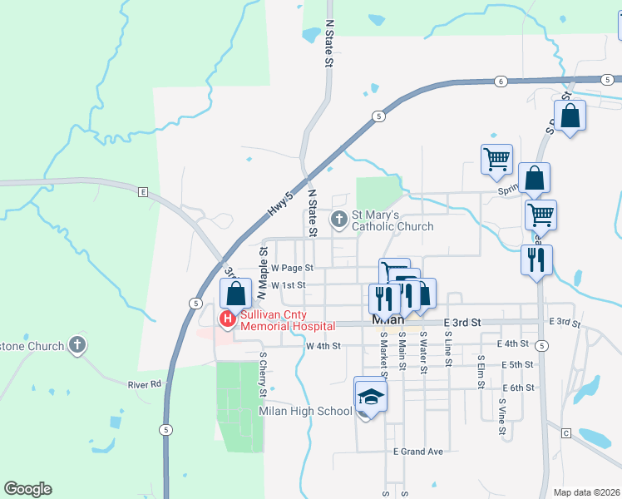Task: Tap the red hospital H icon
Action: (x=226, y=319)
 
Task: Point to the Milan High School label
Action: (x=305, y=411)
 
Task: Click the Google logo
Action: (x=27, y=489)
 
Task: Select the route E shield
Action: (x=143, y=191)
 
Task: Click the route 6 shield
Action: (x=501, y=81)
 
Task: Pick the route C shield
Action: (x=565, y=433)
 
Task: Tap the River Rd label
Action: (x=145, y=384)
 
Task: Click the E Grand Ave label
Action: (x=418, y=452)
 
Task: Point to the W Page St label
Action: (x=292, y=268)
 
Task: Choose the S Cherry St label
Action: (x=263, y=372)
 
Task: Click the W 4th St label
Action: (x=324, y=346)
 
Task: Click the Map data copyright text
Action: (x=587, y=492)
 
